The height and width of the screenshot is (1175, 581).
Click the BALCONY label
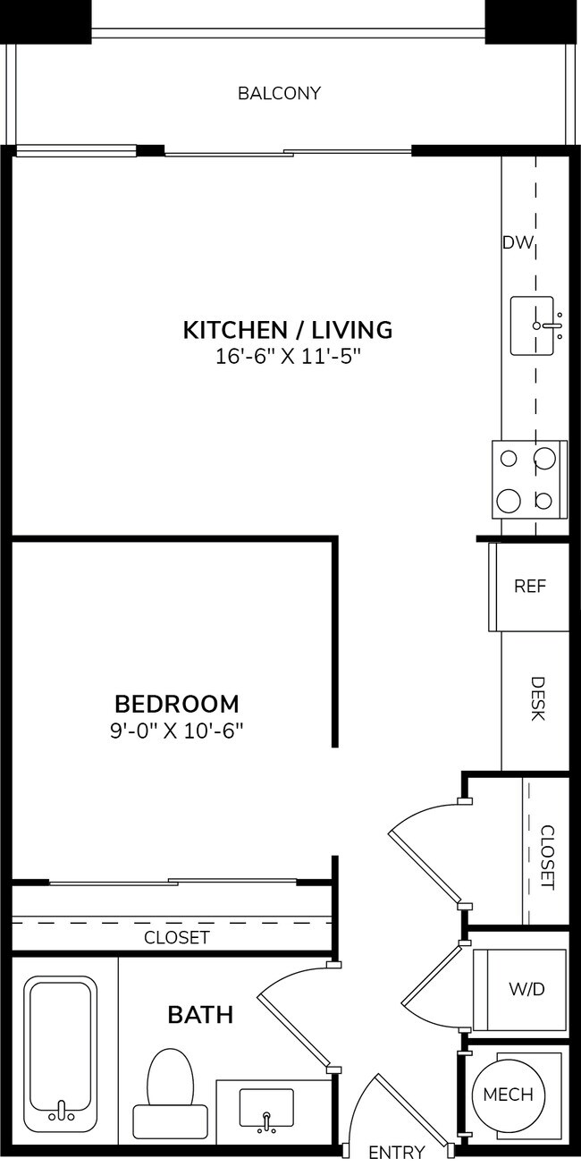click(279, 93)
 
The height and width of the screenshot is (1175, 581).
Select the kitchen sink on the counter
click(536, 325)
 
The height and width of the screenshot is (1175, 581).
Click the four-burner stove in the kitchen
click(529, 479)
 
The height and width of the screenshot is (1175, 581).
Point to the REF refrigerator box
click(529, 587)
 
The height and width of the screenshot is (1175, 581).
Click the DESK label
click(538, 699)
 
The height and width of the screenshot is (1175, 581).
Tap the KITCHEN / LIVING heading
click(288, 330)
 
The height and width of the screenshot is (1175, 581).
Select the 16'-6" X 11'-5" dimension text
click(288, 357)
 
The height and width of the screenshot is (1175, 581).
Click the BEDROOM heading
click(177, 703)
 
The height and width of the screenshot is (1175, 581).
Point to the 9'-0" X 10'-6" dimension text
click(177, 730)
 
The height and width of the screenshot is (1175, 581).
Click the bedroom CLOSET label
click(177, 937)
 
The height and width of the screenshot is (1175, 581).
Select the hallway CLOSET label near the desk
click(548, 857)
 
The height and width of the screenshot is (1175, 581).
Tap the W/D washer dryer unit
click(526, 989)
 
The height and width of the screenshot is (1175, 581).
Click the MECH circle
click(508, 1095)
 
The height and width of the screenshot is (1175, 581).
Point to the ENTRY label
click(396, 1152)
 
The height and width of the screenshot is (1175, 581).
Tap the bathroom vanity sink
click(266, 1109)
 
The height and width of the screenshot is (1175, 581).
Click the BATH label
click(200, 1015)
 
